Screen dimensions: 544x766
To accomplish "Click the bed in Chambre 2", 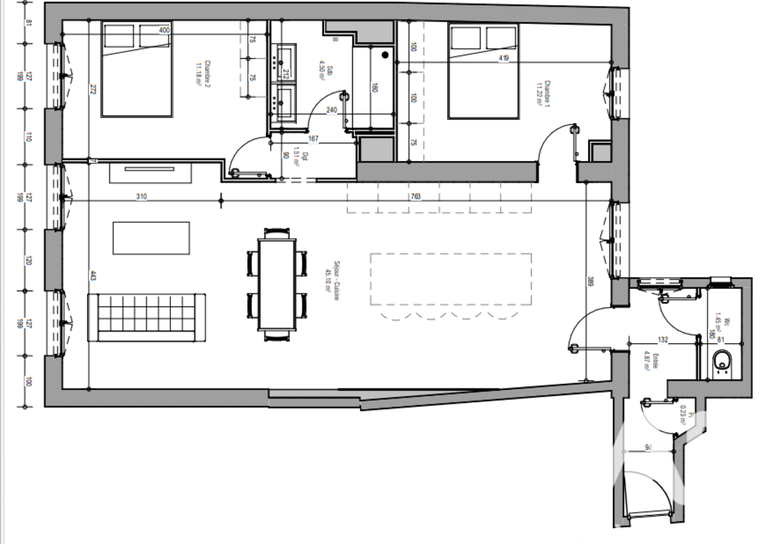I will (136, 70).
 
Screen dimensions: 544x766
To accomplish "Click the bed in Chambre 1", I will (483, 71).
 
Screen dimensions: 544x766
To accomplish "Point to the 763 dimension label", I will (416, 196).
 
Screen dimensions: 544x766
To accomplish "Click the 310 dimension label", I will (142, 196).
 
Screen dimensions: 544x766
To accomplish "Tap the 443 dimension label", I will (93, 276).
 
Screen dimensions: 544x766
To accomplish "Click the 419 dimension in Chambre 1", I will (503, 57).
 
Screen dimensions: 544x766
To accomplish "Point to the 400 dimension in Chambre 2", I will (164, 31).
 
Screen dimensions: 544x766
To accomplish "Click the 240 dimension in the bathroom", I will (332, 110).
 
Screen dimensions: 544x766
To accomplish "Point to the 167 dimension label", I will (314, 139).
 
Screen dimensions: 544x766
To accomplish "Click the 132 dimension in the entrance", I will (664, 339).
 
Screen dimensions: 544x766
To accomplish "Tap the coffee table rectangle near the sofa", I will (151, 238).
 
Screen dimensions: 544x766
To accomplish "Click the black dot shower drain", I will (385, 55).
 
